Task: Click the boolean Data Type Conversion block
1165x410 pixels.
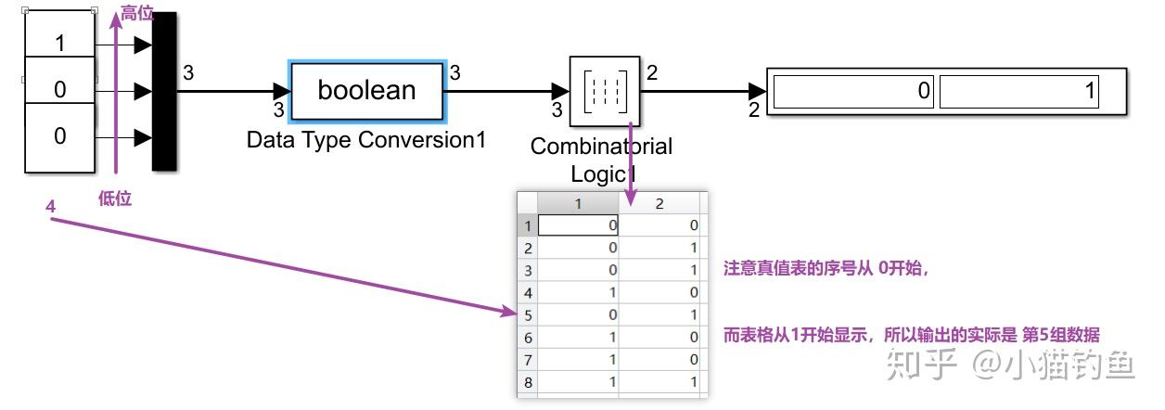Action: point(367,91)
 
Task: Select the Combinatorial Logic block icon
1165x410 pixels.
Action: point(605,91)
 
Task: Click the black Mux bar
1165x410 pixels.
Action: point(163,91)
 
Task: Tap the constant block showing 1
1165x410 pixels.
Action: point(59,43)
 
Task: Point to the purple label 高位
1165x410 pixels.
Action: point(136,14)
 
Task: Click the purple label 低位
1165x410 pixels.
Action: point(115,198)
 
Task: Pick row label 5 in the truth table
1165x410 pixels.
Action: point(527,314)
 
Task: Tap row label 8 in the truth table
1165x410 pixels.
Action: point(527,381)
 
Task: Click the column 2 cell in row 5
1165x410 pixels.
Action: point(662,314)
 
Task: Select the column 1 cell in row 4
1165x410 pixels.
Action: point(579,292)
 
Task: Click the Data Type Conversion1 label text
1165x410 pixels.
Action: point(366,140)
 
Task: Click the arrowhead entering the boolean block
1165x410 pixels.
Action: point(282,91)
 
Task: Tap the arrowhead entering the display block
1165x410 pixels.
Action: point(758,91)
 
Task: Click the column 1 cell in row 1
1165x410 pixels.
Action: point(579,225)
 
